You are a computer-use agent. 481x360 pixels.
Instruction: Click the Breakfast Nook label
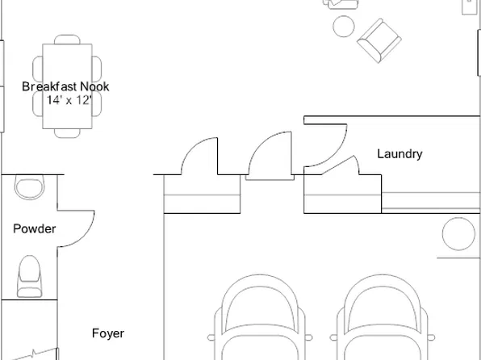(65, 86)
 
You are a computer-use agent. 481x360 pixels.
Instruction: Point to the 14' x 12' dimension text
(69, 100)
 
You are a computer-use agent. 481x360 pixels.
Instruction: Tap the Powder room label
(35, 229)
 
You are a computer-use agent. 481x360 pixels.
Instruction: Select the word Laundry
(399, 154)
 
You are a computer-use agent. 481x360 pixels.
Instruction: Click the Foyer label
(108, 333)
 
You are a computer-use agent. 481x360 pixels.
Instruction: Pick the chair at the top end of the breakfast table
(67, 40)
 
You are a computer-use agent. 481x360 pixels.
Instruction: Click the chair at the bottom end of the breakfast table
(67, 133)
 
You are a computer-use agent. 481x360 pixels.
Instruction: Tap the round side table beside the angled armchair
(344, 27)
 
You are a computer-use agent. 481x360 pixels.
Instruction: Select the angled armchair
(379, 41)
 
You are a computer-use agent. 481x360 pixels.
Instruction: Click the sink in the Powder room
(29, 187)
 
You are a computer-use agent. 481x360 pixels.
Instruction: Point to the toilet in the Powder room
(29, 276)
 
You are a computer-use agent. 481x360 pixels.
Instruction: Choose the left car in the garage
(260, 317)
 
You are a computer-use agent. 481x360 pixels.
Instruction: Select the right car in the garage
(383, 317)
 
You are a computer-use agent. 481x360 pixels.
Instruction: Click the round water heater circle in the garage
(458, 234)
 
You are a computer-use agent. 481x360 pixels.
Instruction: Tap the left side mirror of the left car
(211, 337)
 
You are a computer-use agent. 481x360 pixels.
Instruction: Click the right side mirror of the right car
(431, 337)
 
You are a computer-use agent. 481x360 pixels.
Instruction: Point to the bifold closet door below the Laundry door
(340, 165)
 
